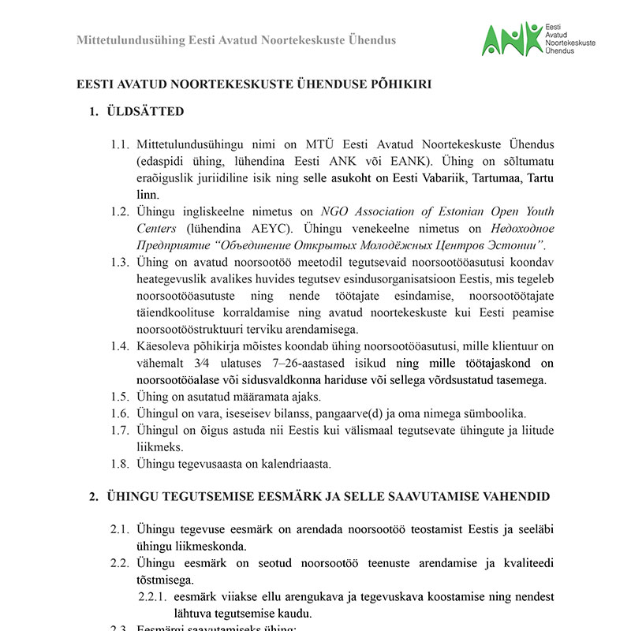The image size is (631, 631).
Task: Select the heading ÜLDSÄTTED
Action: (x=146, y=111)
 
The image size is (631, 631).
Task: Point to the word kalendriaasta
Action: (x=293, y=463)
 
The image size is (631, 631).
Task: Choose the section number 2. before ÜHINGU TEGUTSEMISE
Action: (x=93, y=496)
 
